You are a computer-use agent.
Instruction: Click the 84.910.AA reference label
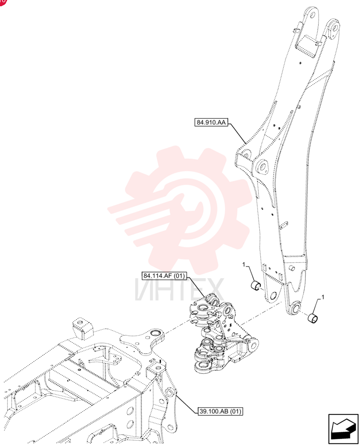coord(211,122)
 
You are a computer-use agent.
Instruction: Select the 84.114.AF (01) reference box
coord(164,276)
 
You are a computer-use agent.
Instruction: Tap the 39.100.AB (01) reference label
coord(221,411)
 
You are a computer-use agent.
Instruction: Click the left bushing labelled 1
coord(256,285)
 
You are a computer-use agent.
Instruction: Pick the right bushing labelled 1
coord(313,318)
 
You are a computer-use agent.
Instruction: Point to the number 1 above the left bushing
coord(244,265)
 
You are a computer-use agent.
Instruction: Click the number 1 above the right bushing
coord(323,297)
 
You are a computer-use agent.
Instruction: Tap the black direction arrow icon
coord(343,429)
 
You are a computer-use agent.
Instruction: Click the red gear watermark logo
coord(180,211)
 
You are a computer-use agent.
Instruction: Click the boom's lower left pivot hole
coord(273,296)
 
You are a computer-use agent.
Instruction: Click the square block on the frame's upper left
coord(83,329)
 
